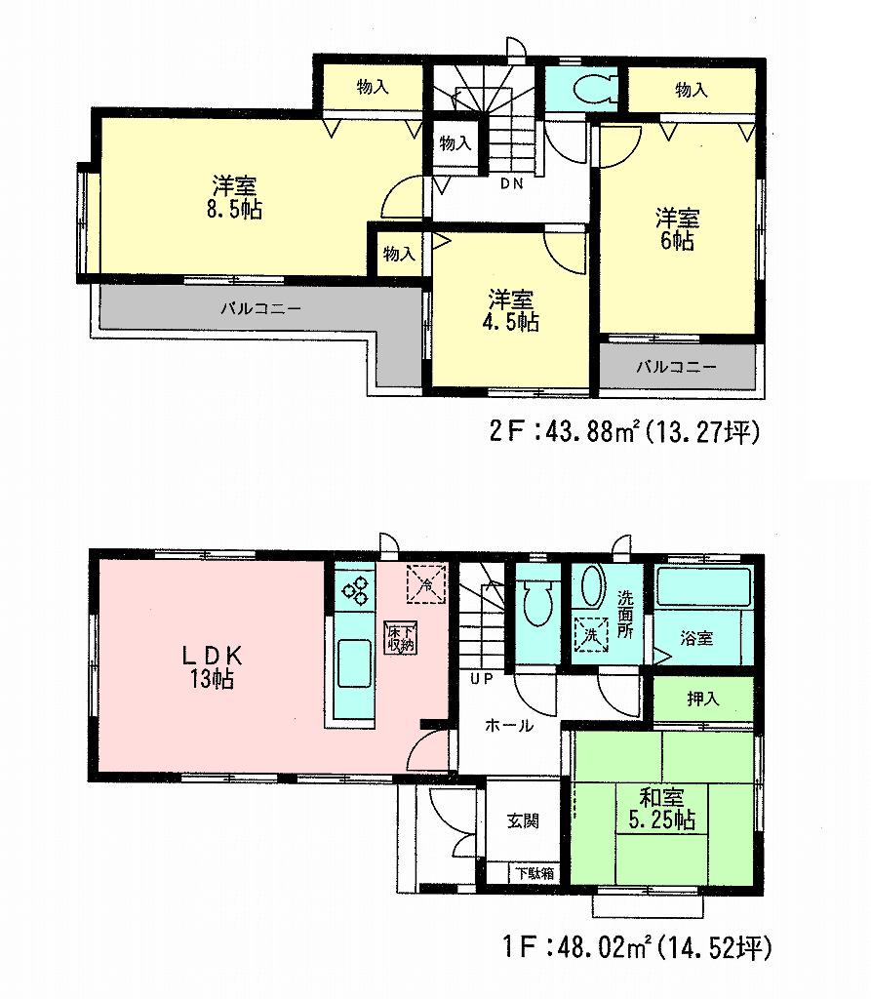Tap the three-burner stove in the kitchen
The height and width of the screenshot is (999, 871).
tap(353, 589)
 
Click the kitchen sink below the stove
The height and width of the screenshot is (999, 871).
tap(353, 666)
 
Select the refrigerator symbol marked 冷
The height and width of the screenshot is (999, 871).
tap(425, 583)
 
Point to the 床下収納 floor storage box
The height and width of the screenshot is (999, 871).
tap(401, 637)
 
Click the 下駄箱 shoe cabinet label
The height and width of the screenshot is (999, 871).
tap(534, 873)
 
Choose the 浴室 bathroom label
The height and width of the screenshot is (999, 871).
tap(696, 638)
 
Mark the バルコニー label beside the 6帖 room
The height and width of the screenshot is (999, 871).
tap(677, 368)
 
